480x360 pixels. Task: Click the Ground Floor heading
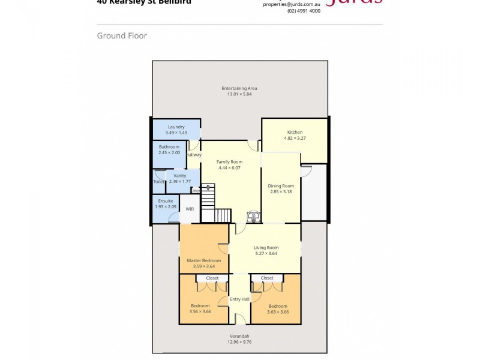[122, 36]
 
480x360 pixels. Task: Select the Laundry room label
[176, 127]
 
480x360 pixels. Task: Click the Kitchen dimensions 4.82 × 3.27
[295, 138]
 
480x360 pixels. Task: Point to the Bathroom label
[169, 147]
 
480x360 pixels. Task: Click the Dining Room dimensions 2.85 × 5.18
[281, 192]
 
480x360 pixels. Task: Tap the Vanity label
[179, 176]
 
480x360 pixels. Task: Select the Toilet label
[158, 181]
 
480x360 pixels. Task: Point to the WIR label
[190, 209]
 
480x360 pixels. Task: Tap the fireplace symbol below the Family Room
[254, 217]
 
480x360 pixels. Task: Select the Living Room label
[266, 247]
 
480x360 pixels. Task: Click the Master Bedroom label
[203, 260]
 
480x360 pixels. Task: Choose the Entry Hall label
[239, 299]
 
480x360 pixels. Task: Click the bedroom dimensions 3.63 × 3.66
[278, 312]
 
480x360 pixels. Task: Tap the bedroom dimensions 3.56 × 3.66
[200, 312]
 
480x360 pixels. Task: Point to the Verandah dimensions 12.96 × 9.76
[239, 342]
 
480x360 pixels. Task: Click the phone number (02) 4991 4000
[304, 11]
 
